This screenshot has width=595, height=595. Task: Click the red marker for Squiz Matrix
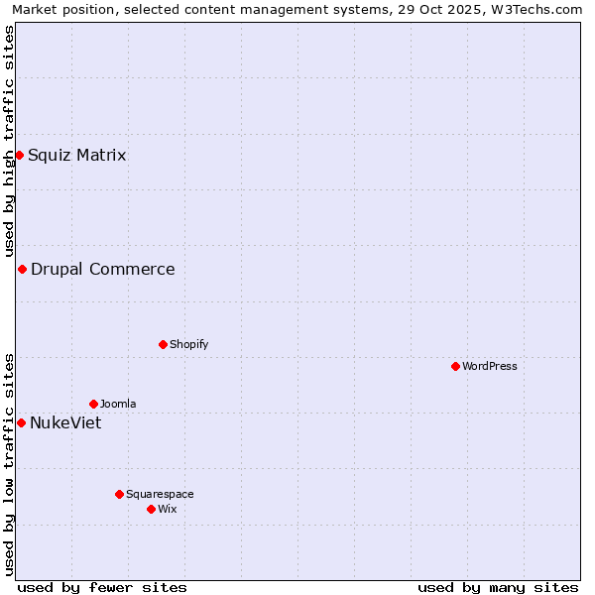click(x=19, y=155)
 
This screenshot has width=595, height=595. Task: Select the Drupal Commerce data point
click(x=22, y=269)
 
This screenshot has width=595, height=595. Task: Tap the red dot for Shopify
click(x=163, y=344)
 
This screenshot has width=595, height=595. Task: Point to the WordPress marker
click(x=455, y=366)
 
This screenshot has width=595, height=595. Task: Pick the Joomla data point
click(x=93, y=404)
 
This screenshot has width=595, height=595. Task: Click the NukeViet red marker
click(x=21, y=422)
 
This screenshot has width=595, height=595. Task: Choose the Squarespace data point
click(x=119, y=494)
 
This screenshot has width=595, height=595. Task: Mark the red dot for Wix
click(x=151, y=509)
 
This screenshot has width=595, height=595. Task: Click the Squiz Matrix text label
click(x=77, y=155)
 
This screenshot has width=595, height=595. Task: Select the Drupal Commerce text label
click(x=103, y=269)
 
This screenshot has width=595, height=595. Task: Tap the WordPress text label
click(x=490, y=366)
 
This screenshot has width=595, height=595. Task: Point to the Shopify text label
click(x=189, y=344)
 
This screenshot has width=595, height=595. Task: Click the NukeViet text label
click(x=65, y=422)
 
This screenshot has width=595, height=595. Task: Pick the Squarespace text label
click(x=160, y=494)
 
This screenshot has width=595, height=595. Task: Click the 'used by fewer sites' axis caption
click(x=102, y=587)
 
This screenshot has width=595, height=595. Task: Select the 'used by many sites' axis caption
click(x=498, y=587)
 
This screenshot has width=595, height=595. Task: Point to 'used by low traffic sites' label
click(x=9, y=464)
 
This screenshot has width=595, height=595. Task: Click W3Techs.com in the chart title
click(x=537, y=9)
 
